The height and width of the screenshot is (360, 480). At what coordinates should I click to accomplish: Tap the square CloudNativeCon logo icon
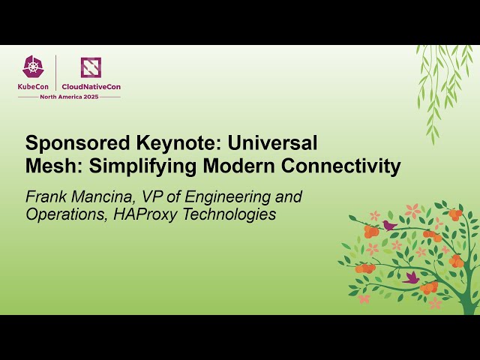[x=91, y=67]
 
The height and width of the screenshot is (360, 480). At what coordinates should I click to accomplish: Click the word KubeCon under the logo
[x=34, y=86]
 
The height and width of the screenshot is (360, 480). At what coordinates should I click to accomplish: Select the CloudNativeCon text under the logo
[x=91, y=86]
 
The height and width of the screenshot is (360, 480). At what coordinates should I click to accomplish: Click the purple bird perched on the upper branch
[x=388, y=224]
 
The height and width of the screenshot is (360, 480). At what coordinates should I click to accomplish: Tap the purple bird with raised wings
[x=411, y=277]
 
